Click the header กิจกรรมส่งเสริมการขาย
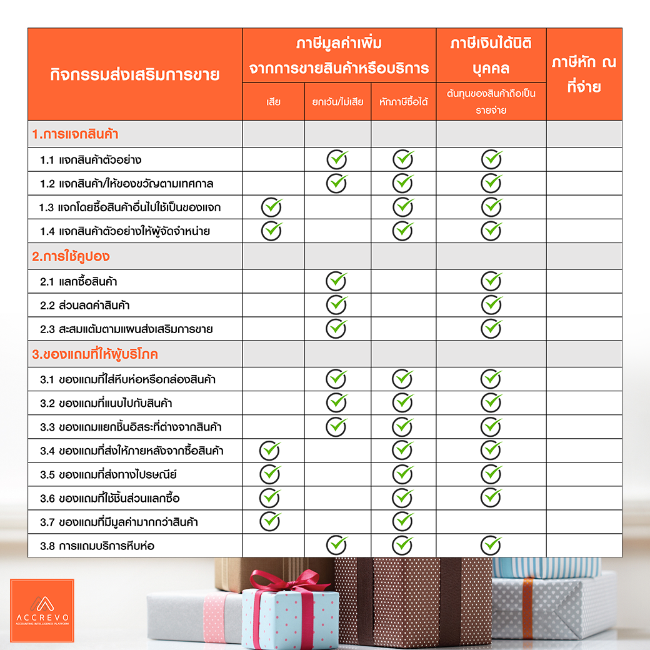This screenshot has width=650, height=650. (x=134, y=75)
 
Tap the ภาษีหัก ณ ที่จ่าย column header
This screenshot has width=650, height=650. (x=584, y=74)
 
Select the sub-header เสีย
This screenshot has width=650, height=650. (x=273, y=101)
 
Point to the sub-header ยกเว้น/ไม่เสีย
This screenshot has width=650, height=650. (x=337, y=101)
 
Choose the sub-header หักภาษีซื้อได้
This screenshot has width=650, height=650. (x=403, y=101)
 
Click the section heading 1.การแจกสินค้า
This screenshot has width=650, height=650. (x=76, y=134)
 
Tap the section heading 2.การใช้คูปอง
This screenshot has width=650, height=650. (x=71, y=256)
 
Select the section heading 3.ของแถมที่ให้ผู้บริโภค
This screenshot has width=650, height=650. (x=95, y=354)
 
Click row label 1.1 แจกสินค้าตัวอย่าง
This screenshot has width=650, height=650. (x=95, y=160)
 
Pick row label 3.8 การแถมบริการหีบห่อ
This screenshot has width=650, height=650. (x=97, y=546)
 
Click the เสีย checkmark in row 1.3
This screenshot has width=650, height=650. (x=272, y=207)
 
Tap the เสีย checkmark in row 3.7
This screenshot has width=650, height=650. (x=271, y=521)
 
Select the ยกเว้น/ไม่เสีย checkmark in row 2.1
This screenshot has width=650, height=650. (x=337, y=281)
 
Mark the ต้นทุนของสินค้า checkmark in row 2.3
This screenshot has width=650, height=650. (x=492, y=328)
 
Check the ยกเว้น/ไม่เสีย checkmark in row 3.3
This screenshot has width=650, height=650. (x=337, y=426)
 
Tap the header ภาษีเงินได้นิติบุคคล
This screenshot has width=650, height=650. (x=491, y=55)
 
